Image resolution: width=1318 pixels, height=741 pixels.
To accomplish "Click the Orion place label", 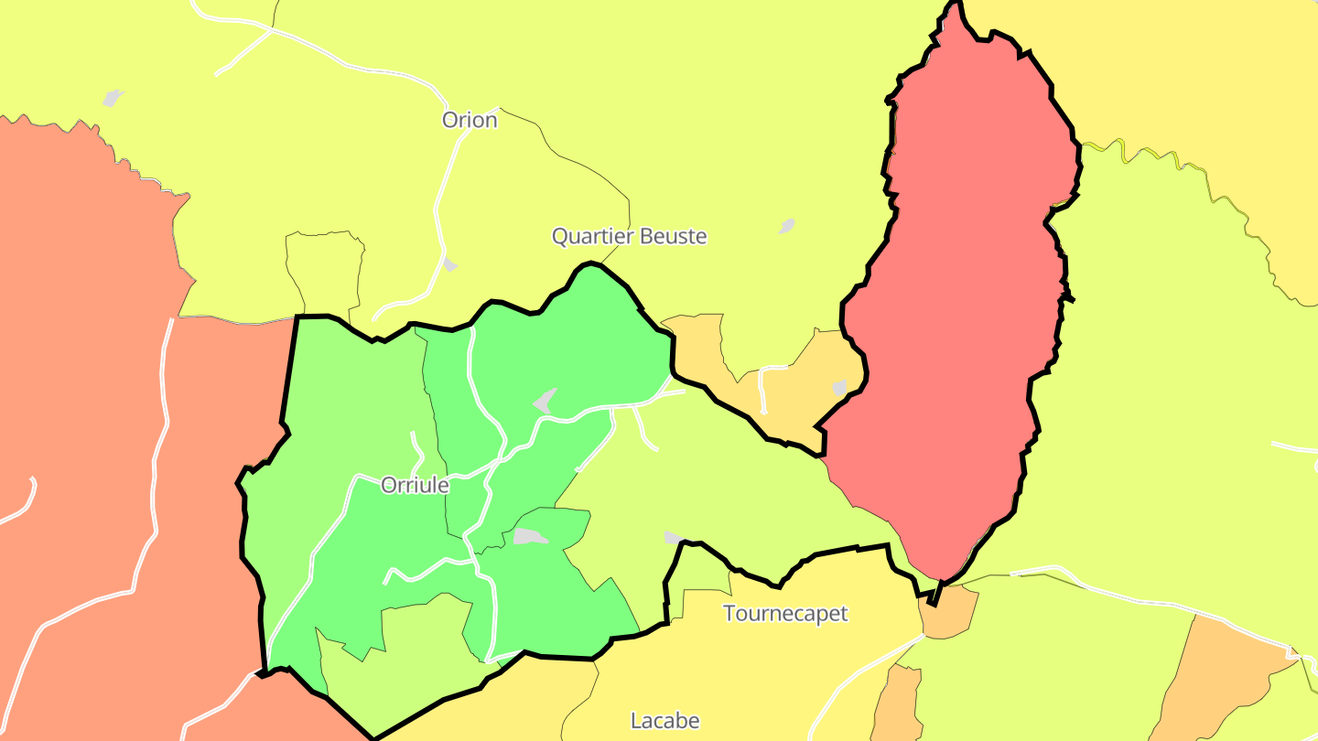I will (x=470, y=120).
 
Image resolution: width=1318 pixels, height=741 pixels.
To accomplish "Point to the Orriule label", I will (x=415, y=485).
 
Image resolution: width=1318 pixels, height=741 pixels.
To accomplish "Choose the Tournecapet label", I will (x=785, y=613).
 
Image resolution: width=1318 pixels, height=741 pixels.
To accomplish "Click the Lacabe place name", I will (x=665, y=721).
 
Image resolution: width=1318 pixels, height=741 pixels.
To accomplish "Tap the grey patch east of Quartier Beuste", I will (x=786, y=225).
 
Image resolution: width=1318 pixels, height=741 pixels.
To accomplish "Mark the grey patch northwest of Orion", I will (x=113, y=97).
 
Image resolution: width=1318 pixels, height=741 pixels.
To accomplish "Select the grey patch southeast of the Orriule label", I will (x=529, y=536).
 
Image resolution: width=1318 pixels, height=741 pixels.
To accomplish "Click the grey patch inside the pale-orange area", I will (x=840, y=388).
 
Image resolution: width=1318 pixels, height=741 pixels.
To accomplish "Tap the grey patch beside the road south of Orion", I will (x=449, y=263).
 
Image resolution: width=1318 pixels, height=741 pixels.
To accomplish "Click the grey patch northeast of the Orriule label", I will (x=546, y=400).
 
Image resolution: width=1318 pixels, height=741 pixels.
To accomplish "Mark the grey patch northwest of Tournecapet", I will (x=674, y=537).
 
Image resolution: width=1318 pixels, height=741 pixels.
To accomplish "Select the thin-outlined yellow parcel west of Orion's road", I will (x=325, y=270).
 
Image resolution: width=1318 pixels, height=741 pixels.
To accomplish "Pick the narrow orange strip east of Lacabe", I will (x=898, y=704).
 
